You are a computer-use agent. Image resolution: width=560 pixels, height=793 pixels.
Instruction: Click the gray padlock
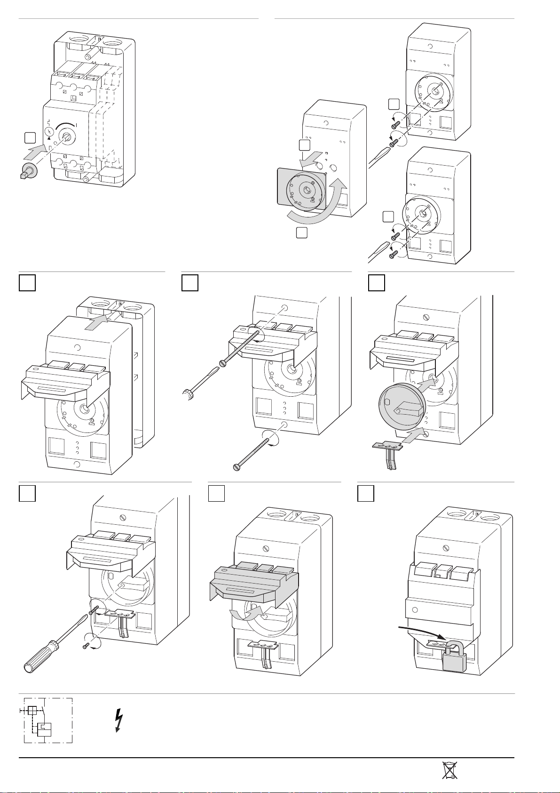[x=454, y=657]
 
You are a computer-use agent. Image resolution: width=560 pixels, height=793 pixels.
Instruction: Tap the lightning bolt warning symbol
[x=119, y=721]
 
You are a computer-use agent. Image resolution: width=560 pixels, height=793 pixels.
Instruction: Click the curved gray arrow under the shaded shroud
[x=247, y=614]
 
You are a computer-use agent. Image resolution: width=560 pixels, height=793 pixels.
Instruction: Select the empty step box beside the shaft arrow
[x=29, y=137]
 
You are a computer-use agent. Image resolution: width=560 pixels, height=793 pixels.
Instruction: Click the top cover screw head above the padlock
[x=446, y=548]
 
